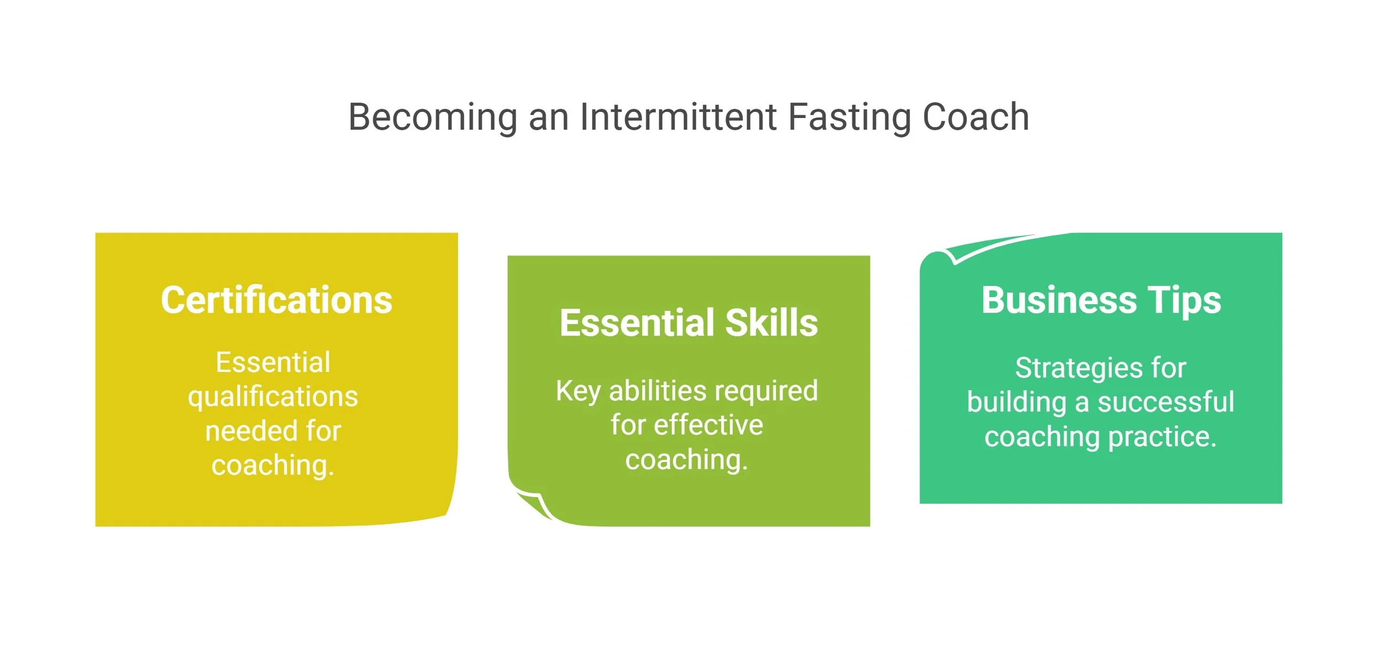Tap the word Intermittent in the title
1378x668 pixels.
(678, 117)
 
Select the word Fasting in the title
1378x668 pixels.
(849, 117)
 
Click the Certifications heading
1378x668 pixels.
(276, 300)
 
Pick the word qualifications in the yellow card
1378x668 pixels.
(273, 397)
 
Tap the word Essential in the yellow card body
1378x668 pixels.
(273, 363)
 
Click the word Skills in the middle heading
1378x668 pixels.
(771, 323)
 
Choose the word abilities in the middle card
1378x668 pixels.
(658, 391)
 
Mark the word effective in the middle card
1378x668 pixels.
(708, 425)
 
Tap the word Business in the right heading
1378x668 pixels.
(1059, 300)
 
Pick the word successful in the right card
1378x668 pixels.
(1166, 402)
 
